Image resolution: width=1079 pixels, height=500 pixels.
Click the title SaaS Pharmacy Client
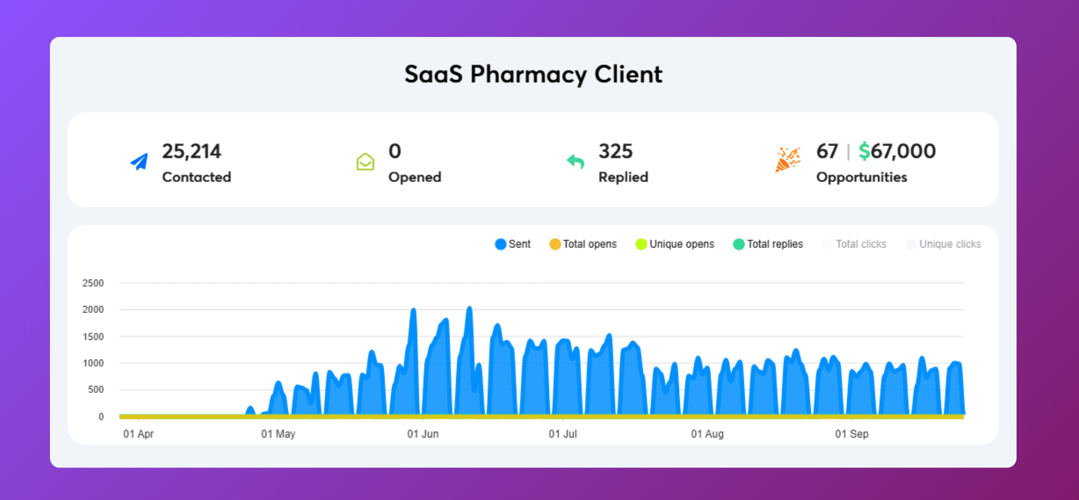coord(533,74)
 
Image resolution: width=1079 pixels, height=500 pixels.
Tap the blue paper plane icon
coord(139,161)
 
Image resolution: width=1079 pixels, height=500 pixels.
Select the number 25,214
coord(191,151)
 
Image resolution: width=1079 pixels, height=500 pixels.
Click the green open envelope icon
coord(365,161)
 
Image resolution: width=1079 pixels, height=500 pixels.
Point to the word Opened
coord(415,177)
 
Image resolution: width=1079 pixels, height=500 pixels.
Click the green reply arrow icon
coord(575,161)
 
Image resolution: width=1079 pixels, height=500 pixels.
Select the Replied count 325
coord(615,151)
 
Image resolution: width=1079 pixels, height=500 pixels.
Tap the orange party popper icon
coord(788,159)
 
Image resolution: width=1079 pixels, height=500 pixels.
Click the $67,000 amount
coord(897,151)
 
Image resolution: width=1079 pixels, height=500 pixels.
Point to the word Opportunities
coord(862,177)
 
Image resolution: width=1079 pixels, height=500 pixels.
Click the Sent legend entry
coord(513,244)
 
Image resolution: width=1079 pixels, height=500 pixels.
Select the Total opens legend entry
coord(583,244)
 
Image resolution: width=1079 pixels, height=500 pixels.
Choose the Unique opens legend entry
coord(675,244)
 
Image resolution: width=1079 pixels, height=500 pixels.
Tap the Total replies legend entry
coord(768,244)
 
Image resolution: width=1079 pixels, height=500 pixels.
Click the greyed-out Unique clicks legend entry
coord(944,244)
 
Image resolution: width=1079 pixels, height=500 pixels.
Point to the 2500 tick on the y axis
coord(93,283)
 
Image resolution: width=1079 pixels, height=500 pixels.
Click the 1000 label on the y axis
coord(93,363)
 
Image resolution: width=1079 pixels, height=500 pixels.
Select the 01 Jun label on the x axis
coord(423,434)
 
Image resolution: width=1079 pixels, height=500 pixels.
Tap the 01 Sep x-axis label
coord(852,434)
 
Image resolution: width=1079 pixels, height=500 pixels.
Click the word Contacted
coord(196,177)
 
